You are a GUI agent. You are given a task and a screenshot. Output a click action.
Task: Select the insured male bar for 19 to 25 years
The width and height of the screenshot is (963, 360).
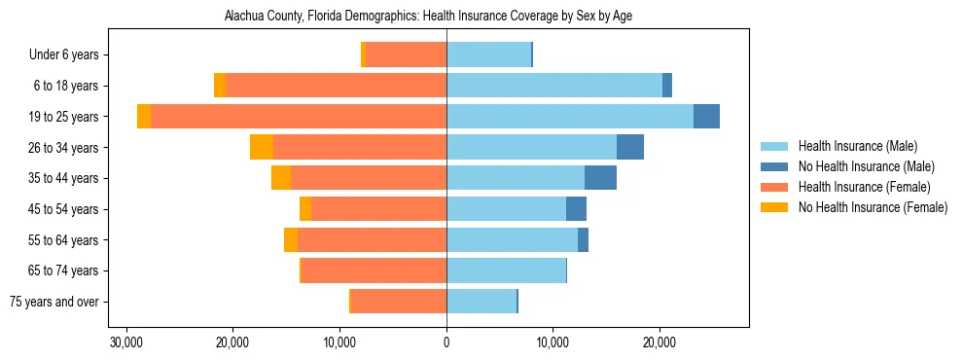coord(569,117)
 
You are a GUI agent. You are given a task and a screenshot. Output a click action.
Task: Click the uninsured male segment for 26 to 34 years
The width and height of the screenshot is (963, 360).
coord(630,147)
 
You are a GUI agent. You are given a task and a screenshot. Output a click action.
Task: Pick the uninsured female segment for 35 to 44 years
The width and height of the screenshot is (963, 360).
coord(281,178)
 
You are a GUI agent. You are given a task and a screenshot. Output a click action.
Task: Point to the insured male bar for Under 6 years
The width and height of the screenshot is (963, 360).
coord(488,54)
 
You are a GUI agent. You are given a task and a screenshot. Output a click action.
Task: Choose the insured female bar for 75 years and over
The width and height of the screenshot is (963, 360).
coord(399,302)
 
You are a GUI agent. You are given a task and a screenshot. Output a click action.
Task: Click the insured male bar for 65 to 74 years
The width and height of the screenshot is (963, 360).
coord(506,270)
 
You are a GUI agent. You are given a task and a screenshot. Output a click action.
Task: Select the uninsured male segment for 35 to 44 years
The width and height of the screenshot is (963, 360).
coord(600,178)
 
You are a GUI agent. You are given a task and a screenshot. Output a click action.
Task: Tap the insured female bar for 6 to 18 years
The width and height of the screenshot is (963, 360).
coord(336,86)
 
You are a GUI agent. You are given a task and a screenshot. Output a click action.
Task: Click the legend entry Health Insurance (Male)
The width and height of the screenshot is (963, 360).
coord(857,146)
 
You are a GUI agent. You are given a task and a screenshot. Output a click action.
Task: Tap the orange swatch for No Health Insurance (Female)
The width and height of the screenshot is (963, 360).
coord(774,207)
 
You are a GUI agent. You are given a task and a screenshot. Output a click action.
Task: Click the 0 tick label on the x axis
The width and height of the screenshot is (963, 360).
coord(446,342)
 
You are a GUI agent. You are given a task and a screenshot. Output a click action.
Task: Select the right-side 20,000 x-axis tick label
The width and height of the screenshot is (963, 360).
coord(660,342)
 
